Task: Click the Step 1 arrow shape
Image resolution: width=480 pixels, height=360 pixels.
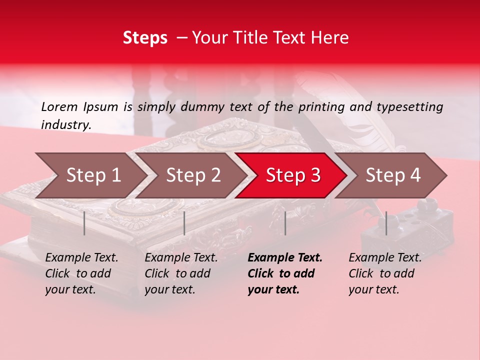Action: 92,175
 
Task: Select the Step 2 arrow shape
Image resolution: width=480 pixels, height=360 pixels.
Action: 192,175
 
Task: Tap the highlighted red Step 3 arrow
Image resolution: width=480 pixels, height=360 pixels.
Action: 292,175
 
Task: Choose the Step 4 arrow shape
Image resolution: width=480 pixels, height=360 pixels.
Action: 392,175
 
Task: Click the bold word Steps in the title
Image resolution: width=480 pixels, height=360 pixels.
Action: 145,38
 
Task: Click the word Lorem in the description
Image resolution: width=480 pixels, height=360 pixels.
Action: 59,106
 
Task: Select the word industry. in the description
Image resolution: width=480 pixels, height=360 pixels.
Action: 66,124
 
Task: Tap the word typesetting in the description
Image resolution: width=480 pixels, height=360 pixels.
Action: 409,106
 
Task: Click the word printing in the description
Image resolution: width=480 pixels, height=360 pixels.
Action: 320,106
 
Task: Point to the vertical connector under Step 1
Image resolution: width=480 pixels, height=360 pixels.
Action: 84,223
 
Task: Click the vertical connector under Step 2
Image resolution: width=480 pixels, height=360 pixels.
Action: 184,223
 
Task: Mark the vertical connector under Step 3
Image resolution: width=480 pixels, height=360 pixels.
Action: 285,223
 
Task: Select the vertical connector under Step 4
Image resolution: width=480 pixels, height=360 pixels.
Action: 386,223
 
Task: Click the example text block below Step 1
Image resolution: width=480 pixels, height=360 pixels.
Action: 81,273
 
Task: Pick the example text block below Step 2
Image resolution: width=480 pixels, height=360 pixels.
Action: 180,273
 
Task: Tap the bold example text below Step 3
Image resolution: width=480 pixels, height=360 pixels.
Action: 284,273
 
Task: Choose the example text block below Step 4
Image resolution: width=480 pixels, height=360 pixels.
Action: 384,273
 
